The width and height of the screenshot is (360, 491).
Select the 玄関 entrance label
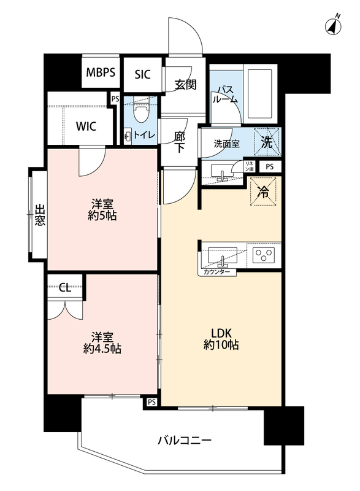[185, 85]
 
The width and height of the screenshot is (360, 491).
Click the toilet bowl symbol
[141, 111]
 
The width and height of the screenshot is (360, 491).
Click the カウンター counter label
[216, 272]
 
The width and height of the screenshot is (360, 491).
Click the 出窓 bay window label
[39, 215]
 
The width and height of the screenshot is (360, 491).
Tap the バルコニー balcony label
[185, 440]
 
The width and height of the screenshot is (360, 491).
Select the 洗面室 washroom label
[226, 144]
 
